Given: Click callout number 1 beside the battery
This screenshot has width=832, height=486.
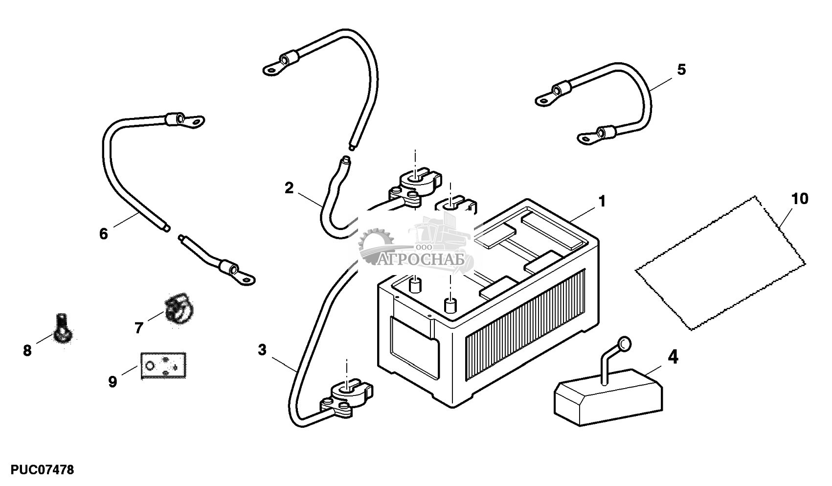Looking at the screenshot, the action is click(602, 201).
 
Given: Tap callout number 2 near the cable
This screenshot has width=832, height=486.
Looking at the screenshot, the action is click(289, 188).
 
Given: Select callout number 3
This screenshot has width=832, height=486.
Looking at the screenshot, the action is click(262, 349).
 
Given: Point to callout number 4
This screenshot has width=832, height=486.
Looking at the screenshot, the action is click(673, 357).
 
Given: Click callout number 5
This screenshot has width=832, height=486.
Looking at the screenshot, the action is click(681, 69).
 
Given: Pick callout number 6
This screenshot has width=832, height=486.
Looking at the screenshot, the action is click(104, 234).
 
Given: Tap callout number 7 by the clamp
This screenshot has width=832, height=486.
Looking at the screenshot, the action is click(138, 328).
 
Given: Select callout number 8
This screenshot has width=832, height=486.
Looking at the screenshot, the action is click(27, 350).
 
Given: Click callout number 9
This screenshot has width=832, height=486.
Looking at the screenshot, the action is click(113, 382).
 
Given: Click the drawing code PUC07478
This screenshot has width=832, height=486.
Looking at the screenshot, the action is click(42, 470).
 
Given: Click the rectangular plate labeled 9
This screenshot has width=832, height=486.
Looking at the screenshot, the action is click(163, 366).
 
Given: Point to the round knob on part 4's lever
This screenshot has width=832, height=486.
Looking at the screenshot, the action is click(625, 344).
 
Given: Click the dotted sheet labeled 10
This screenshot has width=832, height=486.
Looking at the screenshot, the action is click(720, 263).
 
